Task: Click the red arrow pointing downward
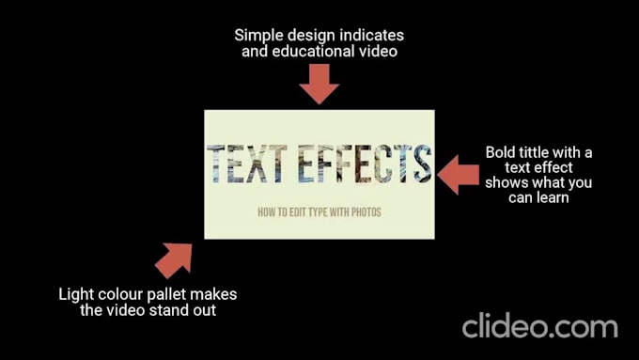tap(319, 84)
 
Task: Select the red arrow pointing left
tap(458, 175)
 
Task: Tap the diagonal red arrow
tap(175, 259)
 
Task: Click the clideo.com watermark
tap(540, 326)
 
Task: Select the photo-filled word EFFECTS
tap(365, 163)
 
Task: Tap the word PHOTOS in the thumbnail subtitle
tap(366, 212)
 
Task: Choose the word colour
tap(120, 294)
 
